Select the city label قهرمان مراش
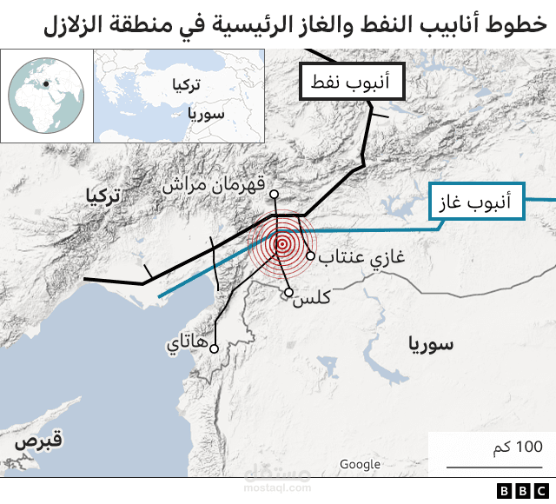213,185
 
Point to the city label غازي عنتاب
365,258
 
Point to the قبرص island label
37,441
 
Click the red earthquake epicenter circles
281,244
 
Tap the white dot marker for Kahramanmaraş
274,194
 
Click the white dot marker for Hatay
213,348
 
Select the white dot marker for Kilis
288,293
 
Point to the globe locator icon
45,95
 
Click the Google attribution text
360,464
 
